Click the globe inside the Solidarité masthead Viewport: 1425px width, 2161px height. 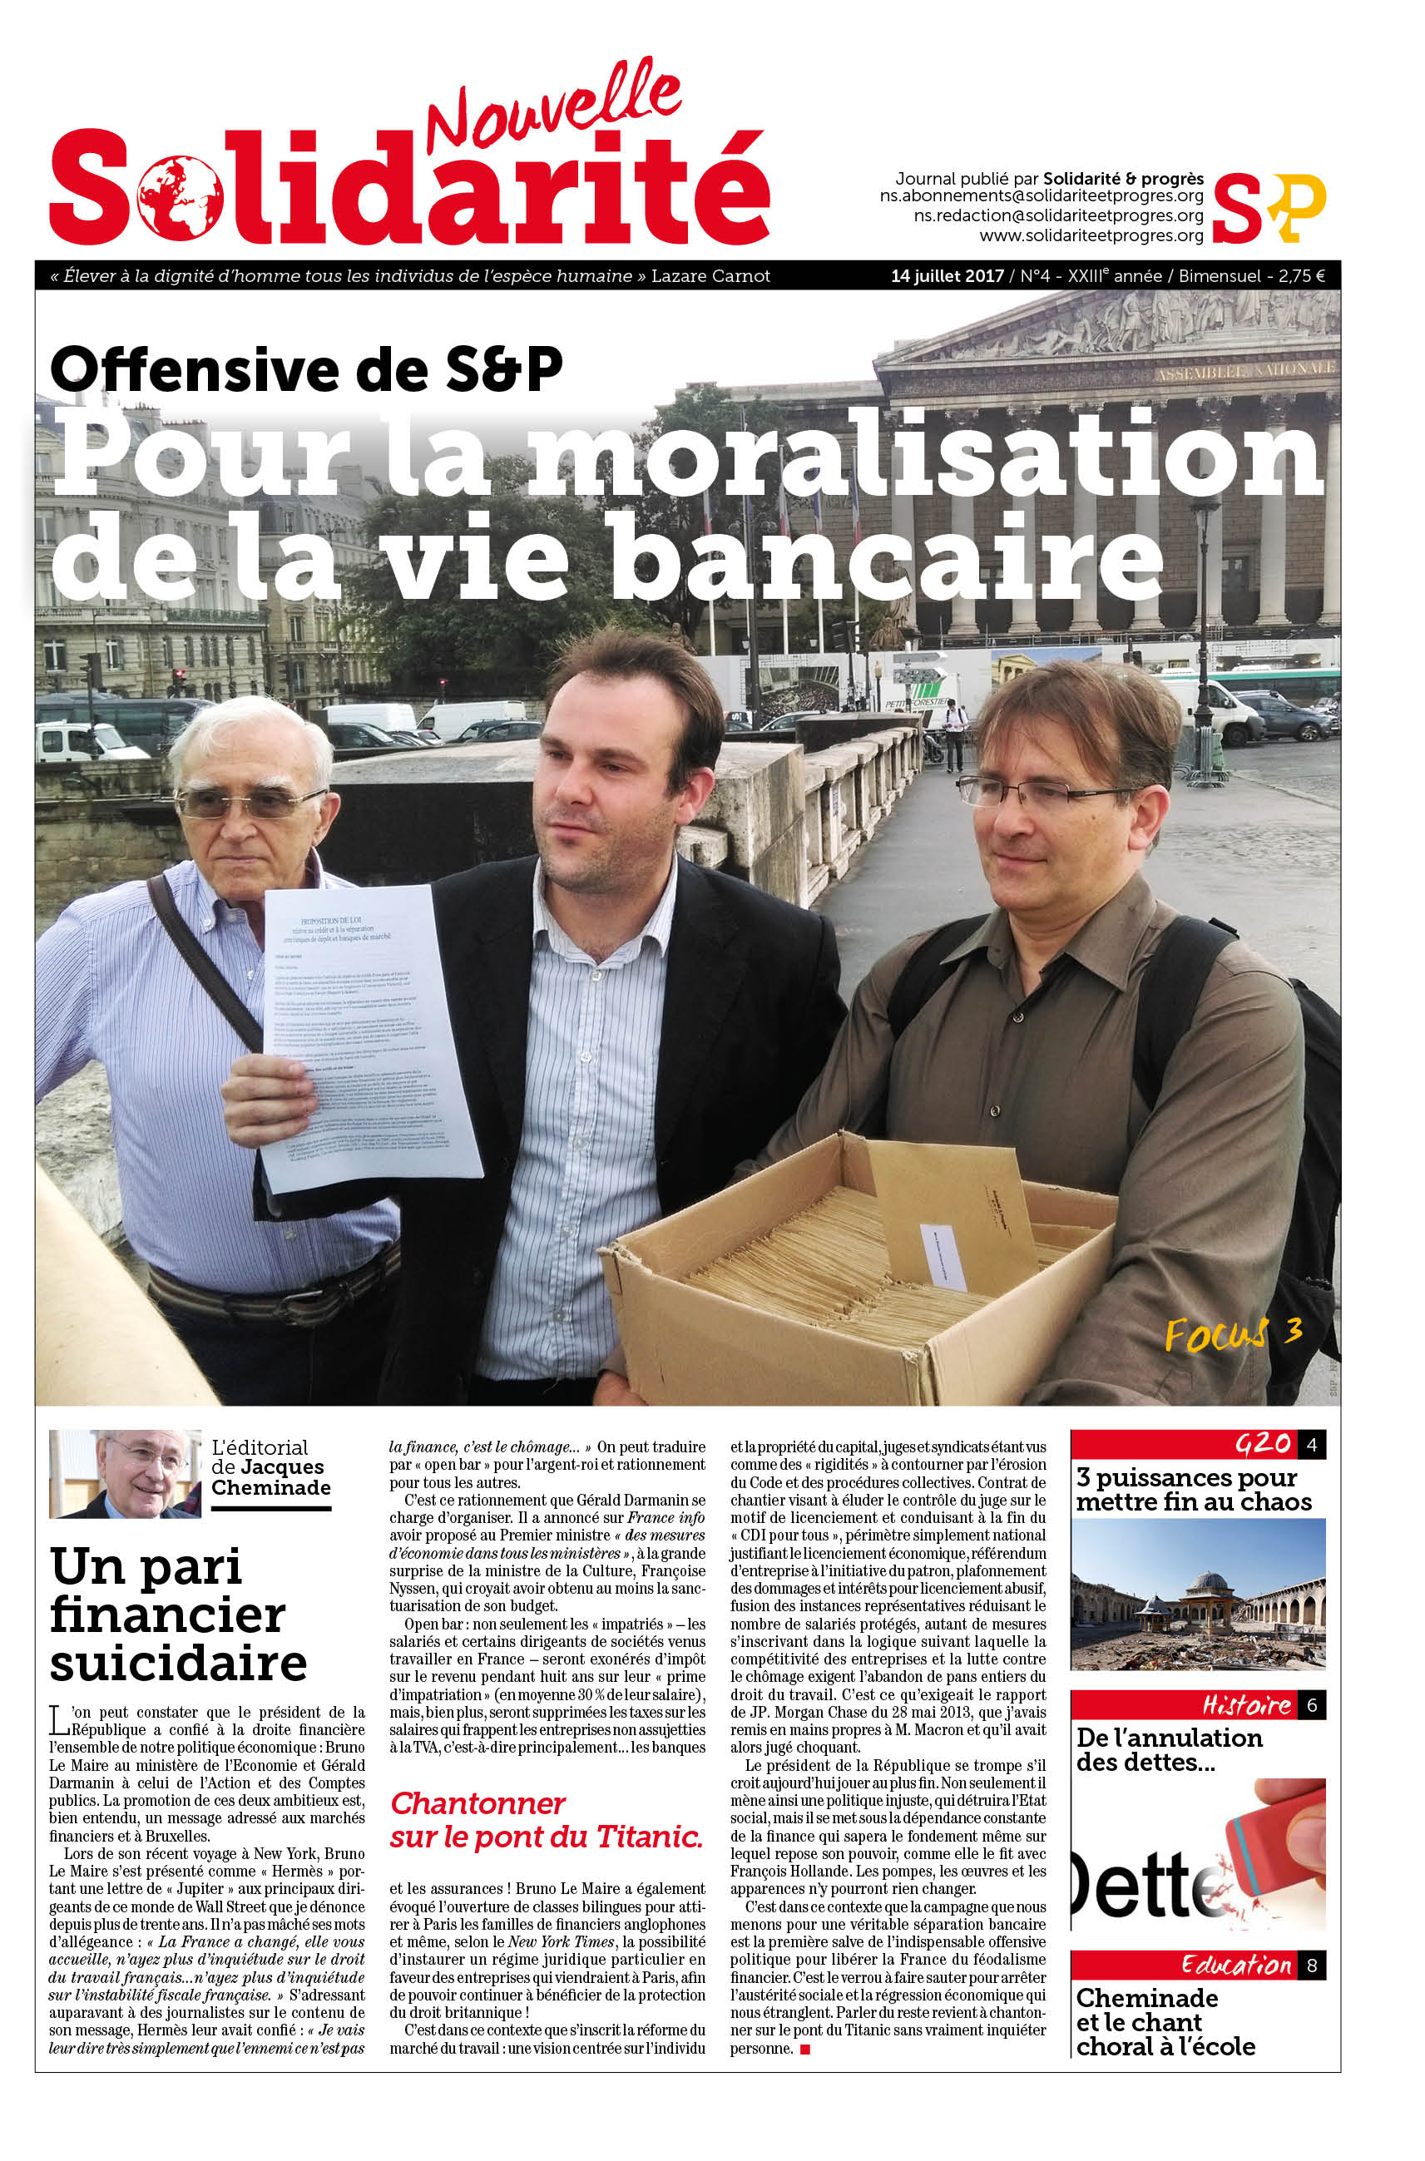180,197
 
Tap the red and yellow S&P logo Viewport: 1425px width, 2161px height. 1269,207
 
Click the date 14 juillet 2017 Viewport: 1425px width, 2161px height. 947,276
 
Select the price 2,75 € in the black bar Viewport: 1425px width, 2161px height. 1301,276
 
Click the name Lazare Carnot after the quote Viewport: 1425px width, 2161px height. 710,276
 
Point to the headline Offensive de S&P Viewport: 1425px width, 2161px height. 306,370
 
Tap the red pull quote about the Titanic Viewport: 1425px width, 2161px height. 547,1820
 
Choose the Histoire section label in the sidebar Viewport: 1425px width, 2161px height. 1246,1706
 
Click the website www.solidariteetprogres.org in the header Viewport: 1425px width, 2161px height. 1091,236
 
